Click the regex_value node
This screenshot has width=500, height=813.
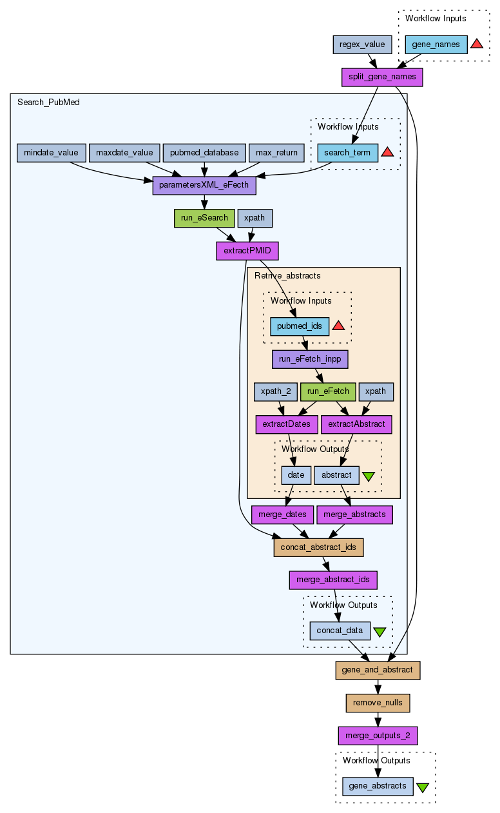[x=362, y=44]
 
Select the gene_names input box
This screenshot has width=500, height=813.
[x=436, y=44]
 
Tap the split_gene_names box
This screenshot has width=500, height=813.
[x=382, y=77]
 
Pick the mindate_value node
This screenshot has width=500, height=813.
[x=51, y=153]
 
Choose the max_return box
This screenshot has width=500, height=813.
[x=276, y=153]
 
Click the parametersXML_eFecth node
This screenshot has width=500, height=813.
[x=204, y=186]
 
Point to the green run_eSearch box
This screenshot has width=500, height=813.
[x=204, y=218]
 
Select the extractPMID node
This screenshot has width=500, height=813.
[x=242, y=251]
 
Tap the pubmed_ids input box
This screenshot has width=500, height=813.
[x=300, y=326]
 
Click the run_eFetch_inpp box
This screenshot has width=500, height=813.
[x=310, y=359]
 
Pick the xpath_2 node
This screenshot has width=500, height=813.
[x=276, y=391]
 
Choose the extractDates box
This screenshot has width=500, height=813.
[x=287, y=424]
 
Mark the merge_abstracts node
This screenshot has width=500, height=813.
[x=354, y=514]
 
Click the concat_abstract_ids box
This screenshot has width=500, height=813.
[x=319, y=547]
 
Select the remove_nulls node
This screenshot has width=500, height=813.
[x=378, y=702]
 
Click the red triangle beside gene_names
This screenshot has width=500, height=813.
[x=477, y=44]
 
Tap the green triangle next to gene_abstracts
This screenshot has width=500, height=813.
[x=423, y=787]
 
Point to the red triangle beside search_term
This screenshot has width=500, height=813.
[x=387, y=152]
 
